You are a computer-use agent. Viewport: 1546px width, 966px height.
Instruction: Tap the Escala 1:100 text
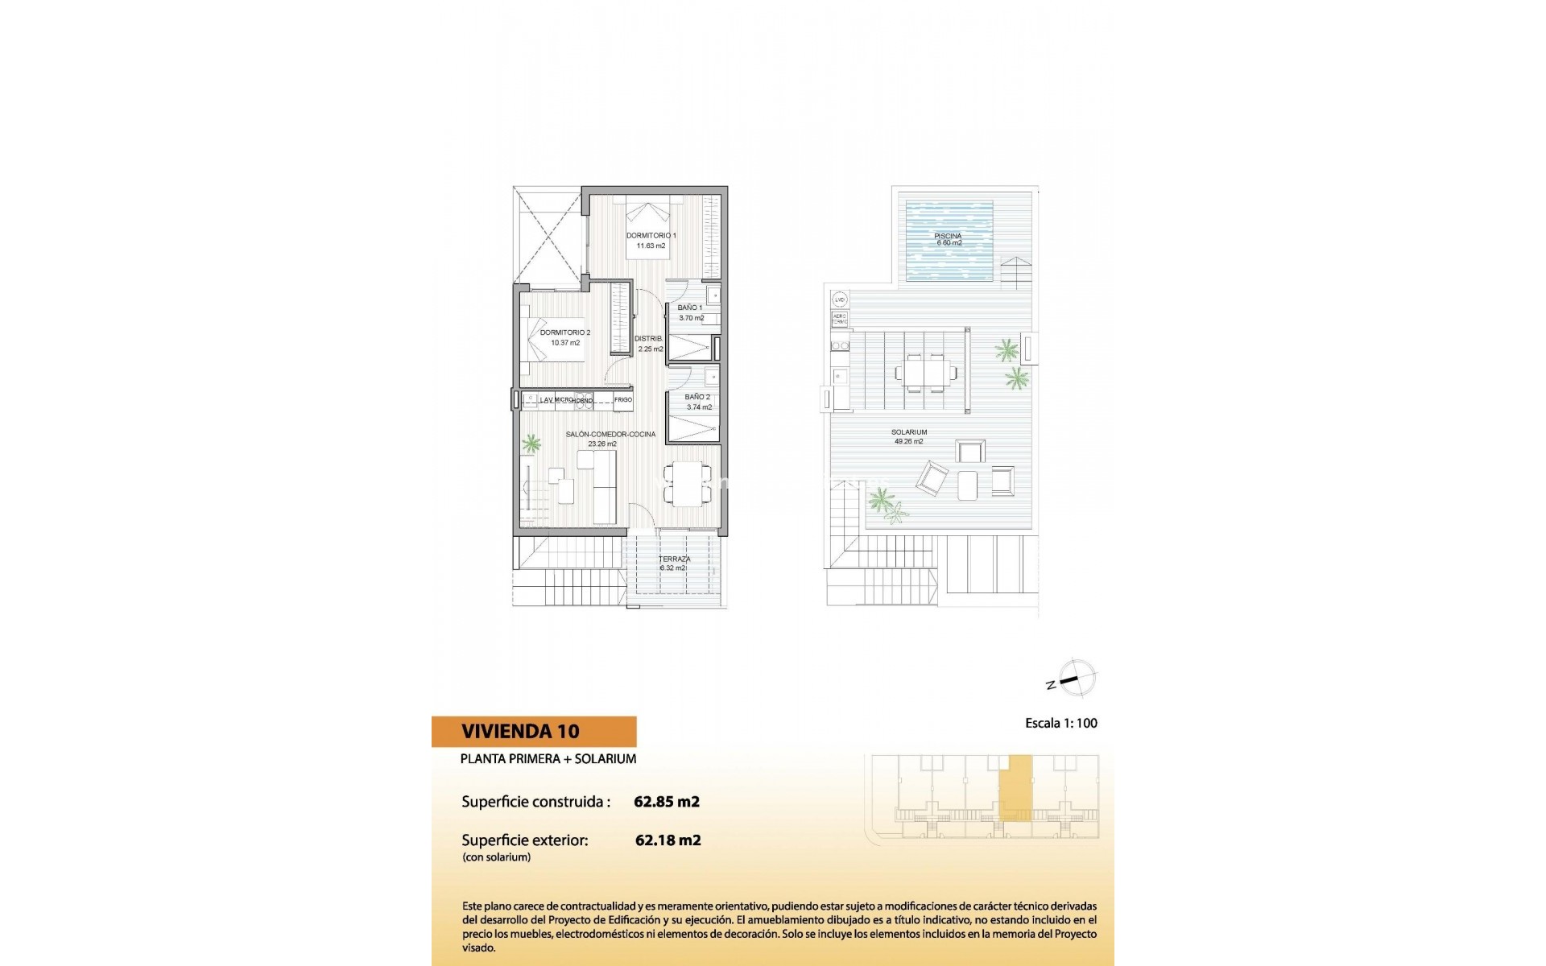[1060, 723]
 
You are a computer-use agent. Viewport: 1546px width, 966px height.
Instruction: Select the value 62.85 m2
[667, 802]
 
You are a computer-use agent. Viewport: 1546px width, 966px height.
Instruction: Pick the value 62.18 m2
[668, 840]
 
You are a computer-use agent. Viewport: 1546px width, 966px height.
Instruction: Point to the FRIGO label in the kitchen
[623, 400]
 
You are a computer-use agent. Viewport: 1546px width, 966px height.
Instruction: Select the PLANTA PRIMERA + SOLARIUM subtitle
[548, 758]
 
